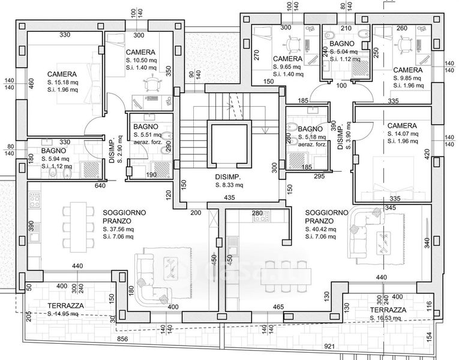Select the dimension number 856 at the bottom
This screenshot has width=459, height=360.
[x=122, y=339]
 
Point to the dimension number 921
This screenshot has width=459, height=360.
[x=328, y=347]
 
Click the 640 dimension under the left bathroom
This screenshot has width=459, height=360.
[x=100, y=186]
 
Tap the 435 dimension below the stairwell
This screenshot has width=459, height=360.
[x=229, y=197]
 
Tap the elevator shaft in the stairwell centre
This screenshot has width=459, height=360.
[x=228, y=144]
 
